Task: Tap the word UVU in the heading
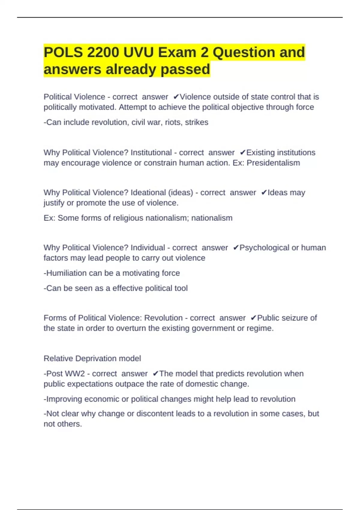[138, 52]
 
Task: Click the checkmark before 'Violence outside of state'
[176, 97]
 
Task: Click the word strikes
[196, 122]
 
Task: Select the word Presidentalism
[273, 163]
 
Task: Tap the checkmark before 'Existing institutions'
[243, 153]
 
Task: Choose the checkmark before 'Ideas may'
[264, 193]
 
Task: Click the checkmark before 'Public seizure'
[253, 318]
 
